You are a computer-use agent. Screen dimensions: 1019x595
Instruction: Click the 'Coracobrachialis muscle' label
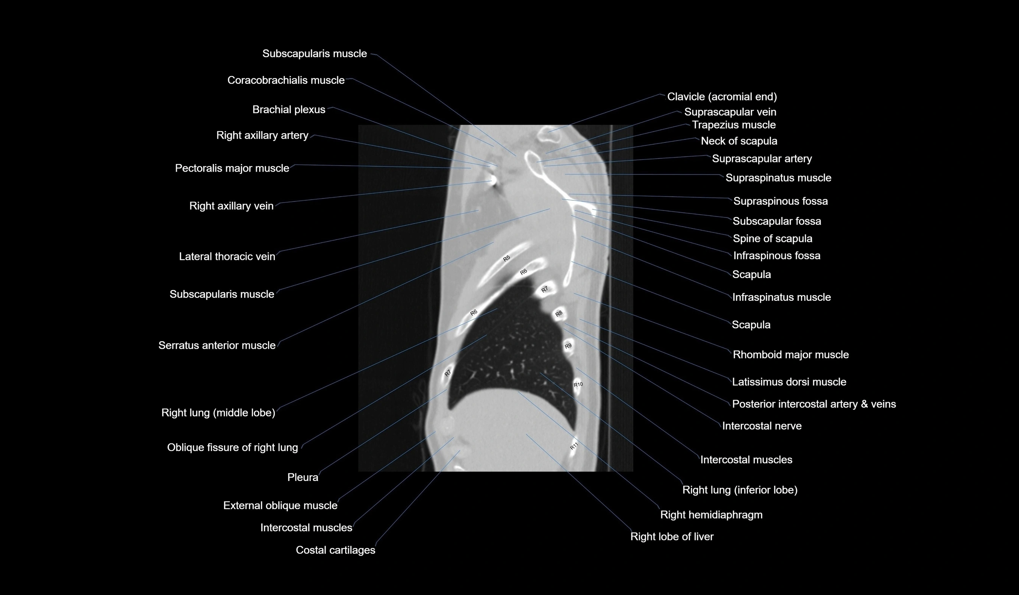(285, 80)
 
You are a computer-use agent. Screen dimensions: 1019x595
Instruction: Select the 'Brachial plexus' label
(288, 109)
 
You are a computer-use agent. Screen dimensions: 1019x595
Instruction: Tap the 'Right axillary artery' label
(262, 135)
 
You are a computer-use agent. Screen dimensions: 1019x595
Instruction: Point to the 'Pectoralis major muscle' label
(232, 168)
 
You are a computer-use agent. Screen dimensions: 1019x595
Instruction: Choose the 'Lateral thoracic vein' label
(227, 256)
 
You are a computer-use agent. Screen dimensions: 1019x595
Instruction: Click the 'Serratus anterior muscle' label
(217, 345)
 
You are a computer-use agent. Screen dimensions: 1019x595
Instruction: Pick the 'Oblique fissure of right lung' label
(232, 447)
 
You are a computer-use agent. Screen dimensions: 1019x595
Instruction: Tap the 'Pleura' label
(302, 477)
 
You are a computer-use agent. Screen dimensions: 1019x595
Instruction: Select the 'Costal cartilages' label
(335, 550)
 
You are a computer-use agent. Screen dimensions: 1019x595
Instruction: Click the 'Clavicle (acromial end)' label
(722, 97)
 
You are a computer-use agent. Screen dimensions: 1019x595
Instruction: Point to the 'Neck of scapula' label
(739, 141)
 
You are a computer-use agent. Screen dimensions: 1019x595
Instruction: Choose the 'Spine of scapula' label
(772, 239)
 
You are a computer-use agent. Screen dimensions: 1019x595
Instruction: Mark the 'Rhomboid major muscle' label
(790, 355)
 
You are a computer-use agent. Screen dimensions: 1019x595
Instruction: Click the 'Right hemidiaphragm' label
(711, 515)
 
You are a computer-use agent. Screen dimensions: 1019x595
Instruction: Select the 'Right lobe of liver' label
(672, 537)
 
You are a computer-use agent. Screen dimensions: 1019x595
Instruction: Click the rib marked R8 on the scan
(559, 314)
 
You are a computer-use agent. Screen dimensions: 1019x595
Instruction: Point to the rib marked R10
(578, 384)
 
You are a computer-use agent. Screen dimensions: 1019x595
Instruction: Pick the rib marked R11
(574, 447)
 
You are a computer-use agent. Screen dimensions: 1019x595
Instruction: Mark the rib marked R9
(568, 346)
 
